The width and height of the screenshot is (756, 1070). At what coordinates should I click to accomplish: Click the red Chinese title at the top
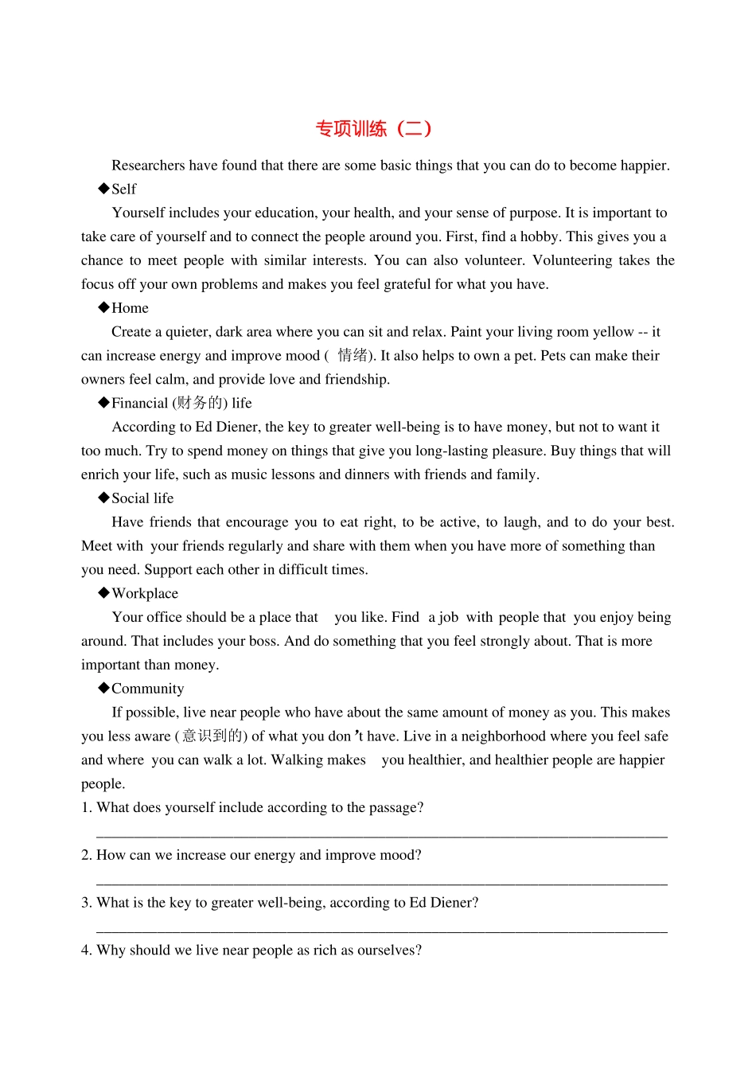tap(373, 129)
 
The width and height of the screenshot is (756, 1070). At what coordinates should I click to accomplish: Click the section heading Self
tap(123, 189)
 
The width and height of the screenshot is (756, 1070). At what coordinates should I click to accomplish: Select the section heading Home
tap(130, 308)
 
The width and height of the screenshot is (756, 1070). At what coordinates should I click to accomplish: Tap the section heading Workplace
tap(145, 594)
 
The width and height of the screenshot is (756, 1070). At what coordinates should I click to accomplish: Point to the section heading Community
tap(148, 689)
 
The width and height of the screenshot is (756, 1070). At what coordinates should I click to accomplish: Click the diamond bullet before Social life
tap(103, 498)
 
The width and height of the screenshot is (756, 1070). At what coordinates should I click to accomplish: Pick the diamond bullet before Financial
tap(103, 403)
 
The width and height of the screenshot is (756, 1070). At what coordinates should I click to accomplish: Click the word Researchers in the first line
tap(148, 166)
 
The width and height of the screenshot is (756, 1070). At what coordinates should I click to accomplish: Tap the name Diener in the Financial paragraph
tap(236, 428)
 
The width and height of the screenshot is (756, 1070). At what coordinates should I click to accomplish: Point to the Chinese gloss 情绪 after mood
tap(353, 356)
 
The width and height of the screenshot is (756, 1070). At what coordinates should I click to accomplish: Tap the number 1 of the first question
tap(85, 808)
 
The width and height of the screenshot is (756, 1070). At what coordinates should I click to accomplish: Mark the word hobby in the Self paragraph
tap(540, 237)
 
